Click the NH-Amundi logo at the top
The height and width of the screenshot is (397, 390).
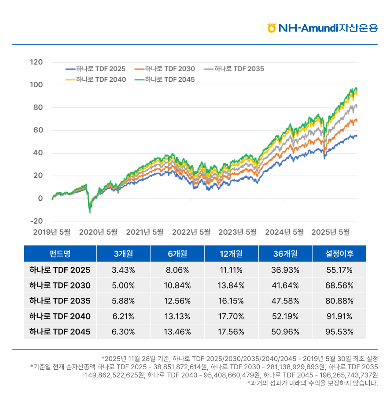pyautogui.click(x=322, y=28)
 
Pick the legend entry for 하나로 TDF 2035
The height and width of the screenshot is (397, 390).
pyautogui.click(x=235, y=69)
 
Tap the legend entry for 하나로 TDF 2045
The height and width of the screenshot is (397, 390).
pyautogui.click(x=165, y=79)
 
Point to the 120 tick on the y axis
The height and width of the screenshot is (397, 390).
pyautogui.click(x=37, y=62)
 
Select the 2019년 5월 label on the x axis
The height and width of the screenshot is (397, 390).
pyautogui.click(x=52, y=232)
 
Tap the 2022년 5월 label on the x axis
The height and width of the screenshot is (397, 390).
pyautogui.click(x=191, y=232)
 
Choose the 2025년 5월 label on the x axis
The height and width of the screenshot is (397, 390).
pyautogui.click(x=331, y=232)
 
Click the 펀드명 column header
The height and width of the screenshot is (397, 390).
pyautogui.click(x=60, y=254)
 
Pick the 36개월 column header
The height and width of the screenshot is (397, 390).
pyautogui.click(x=285, y=254)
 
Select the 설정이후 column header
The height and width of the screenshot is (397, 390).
pyautogui.click(x=339, y=254)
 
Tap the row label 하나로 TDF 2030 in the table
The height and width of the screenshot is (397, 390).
pyautogui.click(x=60, y=285)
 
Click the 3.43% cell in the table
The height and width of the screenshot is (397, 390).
pyautogui.click(x=123, y=270)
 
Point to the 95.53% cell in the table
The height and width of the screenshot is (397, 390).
pyautogui.click(x=339, y=332)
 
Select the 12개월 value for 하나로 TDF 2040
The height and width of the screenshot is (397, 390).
pyautogui.click(x=231, y=316)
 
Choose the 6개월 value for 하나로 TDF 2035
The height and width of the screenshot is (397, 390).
pyautogui.click(x=177, y=301)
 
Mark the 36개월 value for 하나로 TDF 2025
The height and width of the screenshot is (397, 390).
pyautogui.click(x=285, y=270)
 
